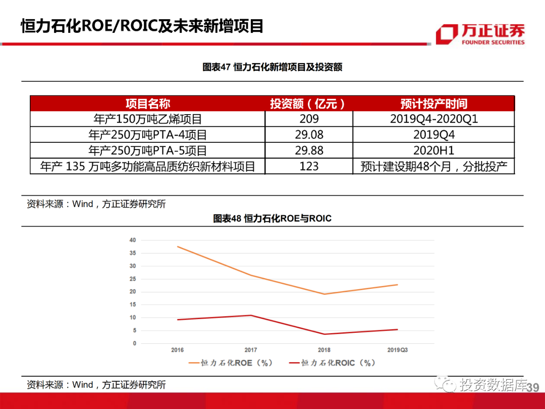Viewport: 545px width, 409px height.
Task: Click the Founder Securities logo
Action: [x=480, y=34]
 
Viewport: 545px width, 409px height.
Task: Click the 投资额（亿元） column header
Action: [x=308, y=104]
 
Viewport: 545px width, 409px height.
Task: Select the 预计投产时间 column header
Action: [x=433, y=104]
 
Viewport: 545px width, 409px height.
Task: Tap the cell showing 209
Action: [x=309, y=119]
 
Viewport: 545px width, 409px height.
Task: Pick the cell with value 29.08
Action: [x=309, y=135]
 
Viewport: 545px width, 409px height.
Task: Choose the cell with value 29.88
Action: [x=309, y=150]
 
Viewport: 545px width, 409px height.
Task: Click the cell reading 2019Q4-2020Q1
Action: [x=433, y=119]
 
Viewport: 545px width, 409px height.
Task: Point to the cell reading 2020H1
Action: [x=433, y=150]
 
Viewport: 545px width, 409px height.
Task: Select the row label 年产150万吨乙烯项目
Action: [x=148, y=119]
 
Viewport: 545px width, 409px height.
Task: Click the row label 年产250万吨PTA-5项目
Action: [x=148, y=150]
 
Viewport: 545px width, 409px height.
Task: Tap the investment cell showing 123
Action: [x=309, y=166]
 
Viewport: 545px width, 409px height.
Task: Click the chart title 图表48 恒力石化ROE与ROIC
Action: [x=272, y=219]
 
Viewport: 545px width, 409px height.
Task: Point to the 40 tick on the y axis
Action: [x=133, y=240]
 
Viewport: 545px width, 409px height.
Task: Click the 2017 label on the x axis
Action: [x=251, y=350]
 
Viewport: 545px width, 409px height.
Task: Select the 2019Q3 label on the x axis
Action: [x=397, y=350]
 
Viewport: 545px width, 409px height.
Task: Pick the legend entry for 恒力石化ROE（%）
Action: [x=230, y=363]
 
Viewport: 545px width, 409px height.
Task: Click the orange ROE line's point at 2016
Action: [x=178, y=246]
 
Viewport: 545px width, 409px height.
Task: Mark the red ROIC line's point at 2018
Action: [x=324, y=334]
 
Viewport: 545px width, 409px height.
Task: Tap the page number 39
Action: [x=532, y=387]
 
